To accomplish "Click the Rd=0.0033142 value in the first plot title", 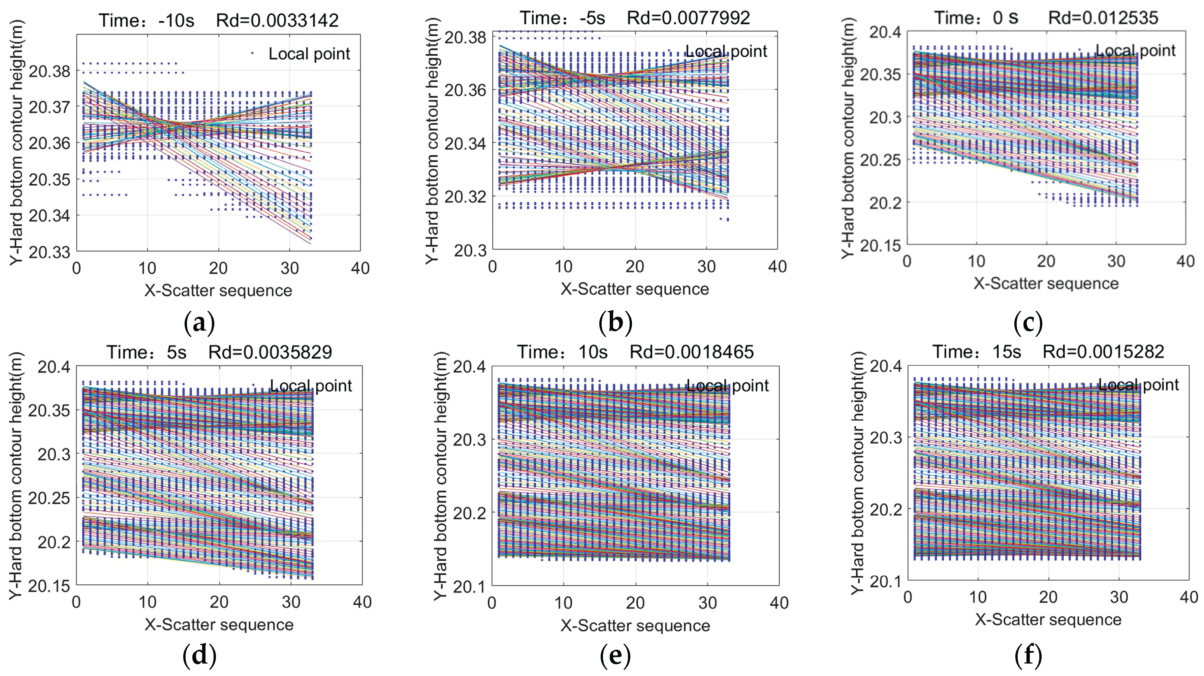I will coord(277,21).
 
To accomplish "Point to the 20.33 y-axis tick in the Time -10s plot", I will coord(49,252).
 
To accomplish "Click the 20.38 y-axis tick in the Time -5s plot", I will coord(465,37).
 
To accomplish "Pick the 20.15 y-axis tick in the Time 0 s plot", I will coord(880,245).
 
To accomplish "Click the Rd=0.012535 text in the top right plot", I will coord(1103,18).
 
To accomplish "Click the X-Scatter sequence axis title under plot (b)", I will coord(634,289).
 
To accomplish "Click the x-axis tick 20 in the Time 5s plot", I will coord(219,602).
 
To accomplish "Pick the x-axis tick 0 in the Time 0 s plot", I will coord(907,261).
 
